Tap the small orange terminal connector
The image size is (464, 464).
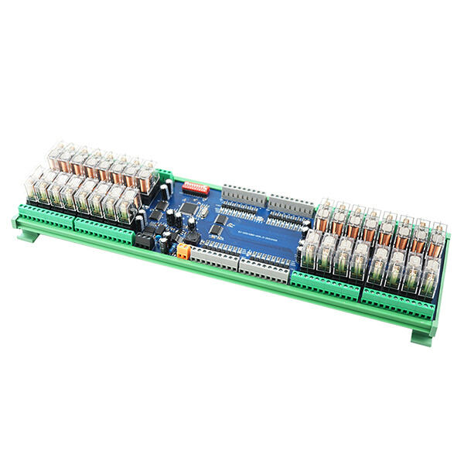tap(184, 250)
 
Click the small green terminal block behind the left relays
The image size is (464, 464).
tap(165, 176)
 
